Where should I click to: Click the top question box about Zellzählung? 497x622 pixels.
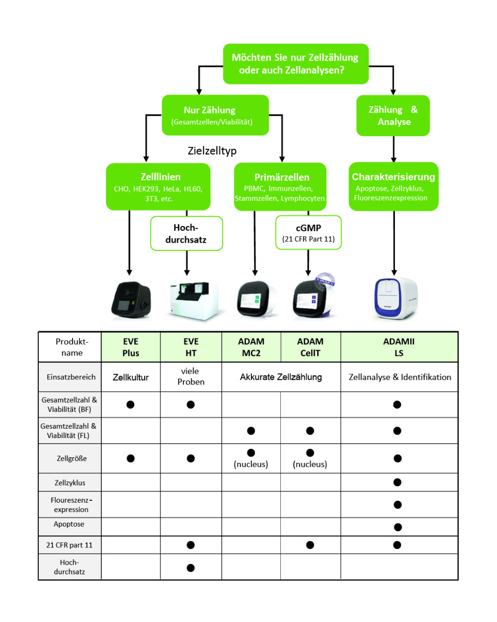tap(295, 64)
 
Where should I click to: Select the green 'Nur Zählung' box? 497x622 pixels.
tap(215, 115)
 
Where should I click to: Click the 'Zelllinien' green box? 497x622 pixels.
tap(158, 187)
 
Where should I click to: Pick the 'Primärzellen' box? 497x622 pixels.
tap(280, 187)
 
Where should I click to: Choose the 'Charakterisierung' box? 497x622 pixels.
tap(393, 186)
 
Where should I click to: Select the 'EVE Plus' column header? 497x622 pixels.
tap(131, 347)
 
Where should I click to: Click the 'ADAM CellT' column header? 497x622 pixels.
tap(310, 347)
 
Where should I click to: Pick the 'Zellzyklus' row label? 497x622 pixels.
tap(69, 483)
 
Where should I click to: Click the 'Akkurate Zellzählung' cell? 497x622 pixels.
tap(281, 377)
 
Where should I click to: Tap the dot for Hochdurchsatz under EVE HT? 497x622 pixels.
tap(190, 568)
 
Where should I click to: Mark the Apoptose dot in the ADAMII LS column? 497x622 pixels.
tap(397, 527)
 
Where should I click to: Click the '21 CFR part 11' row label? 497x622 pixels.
tap(69, 545)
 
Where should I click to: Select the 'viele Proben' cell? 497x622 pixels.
tap(191, 377)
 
